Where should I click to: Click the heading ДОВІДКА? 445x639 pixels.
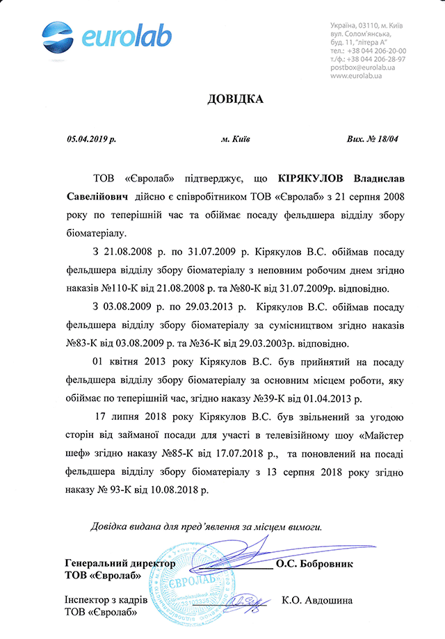coord(236,99)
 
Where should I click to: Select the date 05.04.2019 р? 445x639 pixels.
coord(92,139)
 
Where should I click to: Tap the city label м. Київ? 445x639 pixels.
coord(236,139)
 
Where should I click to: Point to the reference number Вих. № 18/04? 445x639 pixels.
coord(372,139)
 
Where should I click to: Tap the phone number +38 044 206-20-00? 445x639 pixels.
coord(376,51)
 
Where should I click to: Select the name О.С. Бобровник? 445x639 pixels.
coord(314,564)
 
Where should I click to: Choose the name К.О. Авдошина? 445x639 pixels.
coord(317,600)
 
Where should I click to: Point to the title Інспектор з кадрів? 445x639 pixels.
coord(105,600)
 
